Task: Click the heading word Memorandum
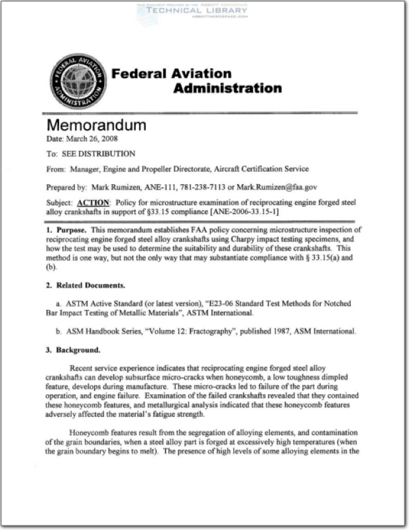click(x=97, y=126)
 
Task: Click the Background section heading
click(x=73, y=350)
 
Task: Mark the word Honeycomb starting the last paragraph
click(x=90, y=432)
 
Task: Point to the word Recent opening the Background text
click(x=87, y=368)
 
